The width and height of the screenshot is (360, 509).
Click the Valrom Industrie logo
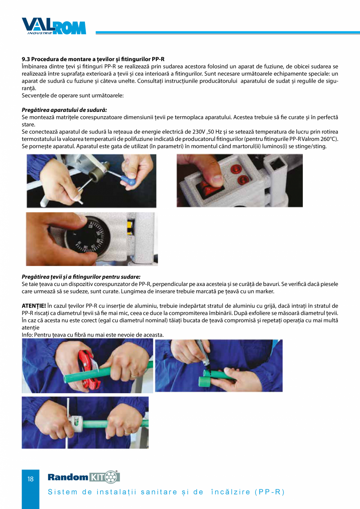[54, 26]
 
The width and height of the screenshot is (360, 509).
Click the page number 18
[31, 479]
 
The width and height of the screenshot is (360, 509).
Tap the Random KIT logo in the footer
[83, 477]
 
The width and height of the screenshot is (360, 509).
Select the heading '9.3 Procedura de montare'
[93, 59]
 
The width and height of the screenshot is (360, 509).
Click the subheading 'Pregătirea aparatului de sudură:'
[64, 110]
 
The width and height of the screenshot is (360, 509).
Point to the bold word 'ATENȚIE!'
[34, 306]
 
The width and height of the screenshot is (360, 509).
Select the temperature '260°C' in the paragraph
[329, 139]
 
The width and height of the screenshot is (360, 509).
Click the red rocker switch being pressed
[208, 186]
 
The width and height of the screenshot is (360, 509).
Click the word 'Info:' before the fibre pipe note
[28, 335]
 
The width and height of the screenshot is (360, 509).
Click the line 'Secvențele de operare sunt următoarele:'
[73, 95]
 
